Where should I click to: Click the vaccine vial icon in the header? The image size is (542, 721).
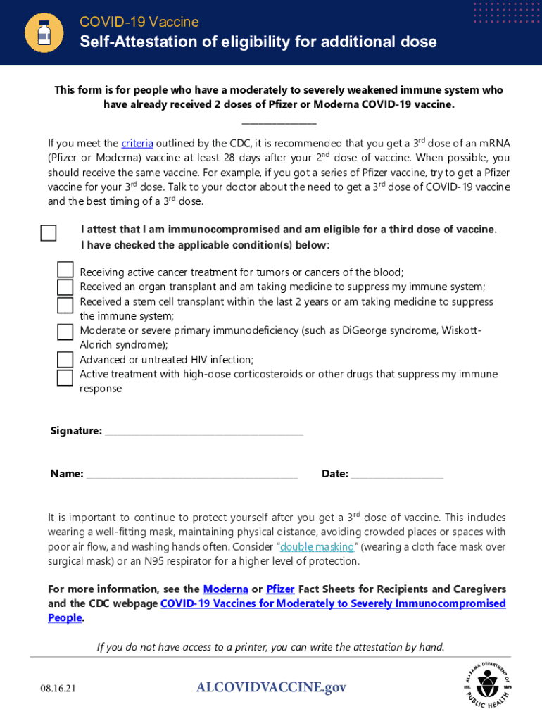[x=44, y=32]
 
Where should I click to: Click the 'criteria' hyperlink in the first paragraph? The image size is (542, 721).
[x=137, y=144]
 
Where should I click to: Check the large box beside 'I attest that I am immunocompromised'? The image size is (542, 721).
[x=49, y=233]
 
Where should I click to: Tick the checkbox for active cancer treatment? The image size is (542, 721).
[x=65, y=270]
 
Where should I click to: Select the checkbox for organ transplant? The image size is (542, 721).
[x=65, y=287]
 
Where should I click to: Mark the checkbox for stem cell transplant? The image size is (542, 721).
[x=65, y=305]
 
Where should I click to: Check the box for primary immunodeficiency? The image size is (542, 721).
[x=65, y=332]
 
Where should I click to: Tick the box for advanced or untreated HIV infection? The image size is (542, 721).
[x=65, y=360]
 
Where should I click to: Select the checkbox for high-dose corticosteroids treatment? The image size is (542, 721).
[x=65, y=378]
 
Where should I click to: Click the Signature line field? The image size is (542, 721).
[x=203, y=432]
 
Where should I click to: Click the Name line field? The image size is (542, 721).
[x=191, y=475]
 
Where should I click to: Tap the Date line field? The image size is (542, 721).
[x=397, y=475]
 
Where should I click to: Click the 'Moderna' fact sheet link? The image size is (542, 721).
[x=225, y=589]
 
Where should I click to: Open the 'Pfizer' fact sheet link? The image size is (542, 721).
[x=280, y=589]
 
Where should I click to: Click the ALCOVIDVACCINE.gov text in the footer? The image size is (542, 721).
[x=271, y=687]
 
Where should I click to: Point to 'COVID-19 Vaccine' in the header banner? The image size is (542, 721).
[x=139, y=23]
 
